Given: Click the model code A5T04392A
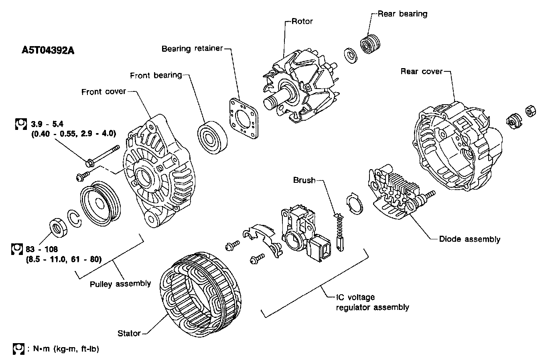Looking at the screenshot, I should click(x=48, y=51).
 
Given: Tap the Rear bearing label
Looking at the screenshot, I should click(x=402, y=14).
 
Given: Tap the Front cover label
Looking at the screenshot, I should click(x=103, y=92).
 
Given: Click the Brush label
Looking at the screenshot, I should click(x=304, y=180).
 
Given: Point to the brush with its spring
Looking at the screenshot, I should click(x=339, y=233).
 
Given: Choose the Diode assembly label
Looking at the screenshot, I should click(x=469, y=239).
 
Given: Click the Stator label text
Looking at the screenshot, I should click(x=129, y=333).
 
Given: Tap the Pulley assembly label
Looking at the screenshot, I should click(x=120, y=283).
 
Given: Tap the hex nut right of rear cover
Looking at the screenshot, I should click(x=530, y=111).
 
